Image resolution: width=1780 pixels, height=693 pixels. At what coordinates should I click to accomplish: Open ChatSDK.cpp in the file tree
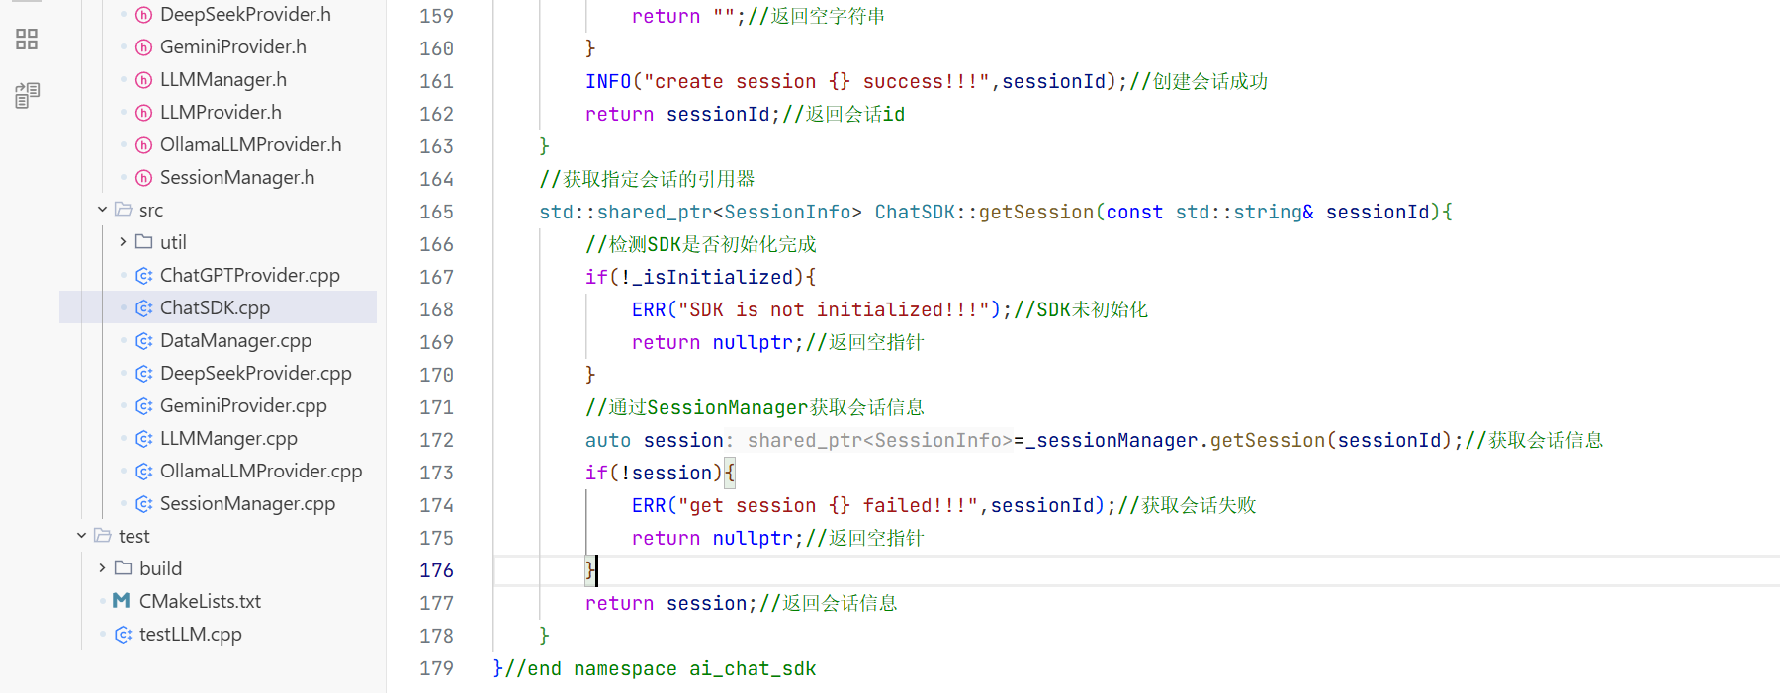click(x=215, y=307)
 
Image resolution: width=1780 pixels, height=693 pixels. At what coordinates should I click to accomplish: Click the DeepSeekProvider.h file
click(x=244, y=14)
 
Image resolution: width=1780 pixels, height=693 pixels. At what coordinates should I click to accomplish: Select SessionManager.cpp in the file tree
click(x=247, y=503)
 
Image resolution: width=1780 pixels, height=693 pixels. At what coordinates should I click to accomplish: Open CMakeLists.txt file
click(x=200, y=601)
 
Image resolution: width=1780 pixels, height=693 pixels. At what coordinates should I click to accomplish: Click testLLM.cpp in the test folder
click(x=190, y=634)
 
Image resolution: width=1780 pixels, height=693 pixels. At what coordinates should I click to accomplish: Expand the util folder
click(x=123, y=242)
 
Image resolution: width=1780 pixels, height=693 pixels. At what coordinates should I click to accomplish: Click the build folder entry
click(x=160, y=568)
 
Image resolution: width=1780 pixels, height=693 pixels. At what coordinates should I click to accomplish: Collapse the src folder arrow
click(x=103, y=210)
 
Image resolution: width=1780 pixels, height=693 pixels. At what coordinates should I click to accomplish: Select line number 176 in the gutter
click(x=436, y=570)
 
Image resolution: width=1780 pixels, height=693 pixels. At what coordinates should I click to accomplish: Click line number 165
click(x=436, y=212)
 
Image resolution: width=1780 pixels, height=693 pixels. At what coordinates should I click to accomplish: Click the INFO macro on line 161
click(x=608, y=81)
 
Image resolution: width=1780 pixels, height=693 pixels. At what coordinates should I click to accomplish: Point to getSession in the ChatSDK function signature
click(x=1035, y=212)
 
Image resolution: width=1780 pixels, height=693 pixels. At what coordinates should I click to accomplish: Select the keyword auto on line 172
click(x=607, y=440)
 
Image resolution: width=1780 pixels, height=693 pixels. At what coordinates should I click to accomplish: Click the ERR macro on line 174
click(x=649, y=505)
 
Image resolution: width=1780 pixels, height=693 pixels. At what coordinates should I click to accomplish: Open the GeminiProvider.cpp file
click(x=243, y=405)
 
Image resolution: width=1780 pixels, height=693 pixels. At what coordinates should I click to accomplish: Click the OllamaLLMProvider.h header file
click(x=250, y=144)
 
